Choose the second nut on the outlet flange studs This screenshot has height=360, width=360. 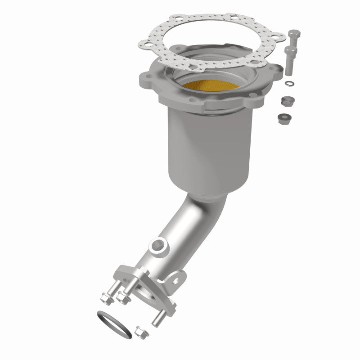coord(121,297)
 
